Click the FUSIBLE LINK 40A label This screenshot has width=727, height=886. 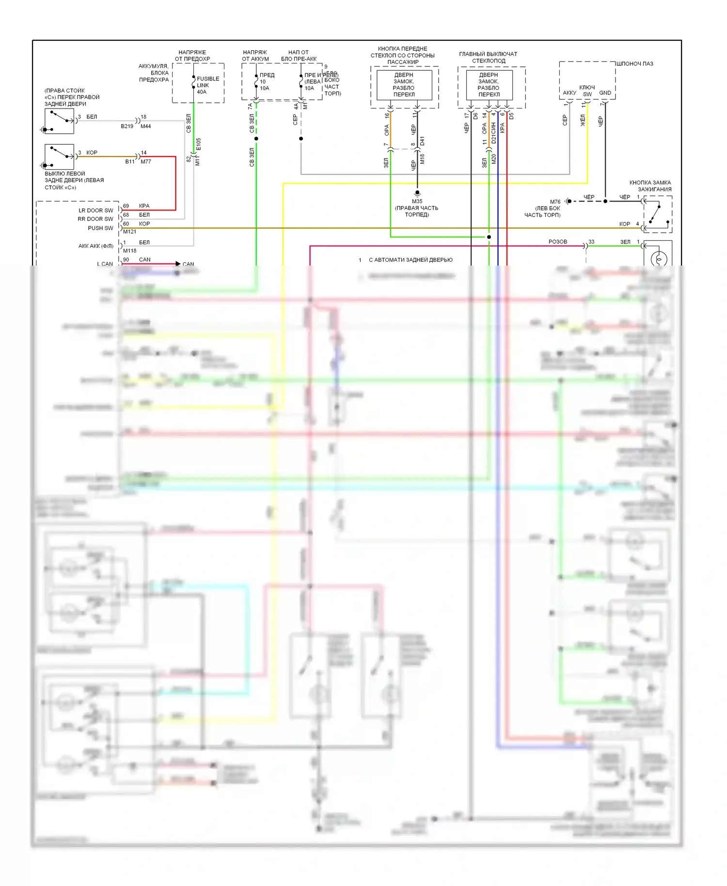[207, 85]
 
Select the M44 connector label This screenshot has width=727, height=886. [145, 127]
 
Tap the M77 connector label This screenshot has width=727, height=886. [146, 162]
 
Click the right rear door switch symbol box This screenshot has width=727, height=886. [59, 121]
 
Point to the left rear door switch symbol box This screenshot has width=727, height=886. [59, 157]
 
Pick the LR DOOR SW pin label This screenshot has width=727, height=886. [95, 210]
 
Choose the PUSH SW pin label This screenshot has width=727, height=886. [100, 228]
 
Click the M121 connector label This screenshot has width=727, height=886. [129, 232]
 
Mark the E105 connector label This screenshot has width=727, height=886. [199, 144]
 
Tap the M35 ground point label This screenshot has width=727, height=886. [417, 202]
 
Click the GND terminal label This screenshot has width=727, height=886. [605, 93]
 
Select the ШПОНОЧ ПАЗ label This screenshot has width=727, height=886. [635, 64]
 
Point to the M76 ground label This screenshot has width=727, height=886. [555, 202]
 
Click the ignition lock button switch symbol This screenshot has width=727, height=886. [657, 214]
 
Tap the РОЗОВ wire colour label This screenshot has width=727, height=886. [557, 242]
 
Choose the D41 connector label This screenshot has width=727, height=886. [423, 141]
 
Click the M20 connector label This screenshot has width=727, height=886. [494, 158]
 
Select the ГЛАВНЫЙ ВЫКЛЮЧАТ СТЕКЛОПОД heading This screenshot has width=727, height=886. [488, 57]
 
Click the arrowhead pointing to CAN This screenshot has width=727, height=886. [178, 264]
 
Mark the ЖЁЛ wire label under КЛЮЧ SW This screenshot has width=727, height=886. [583, 120]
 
